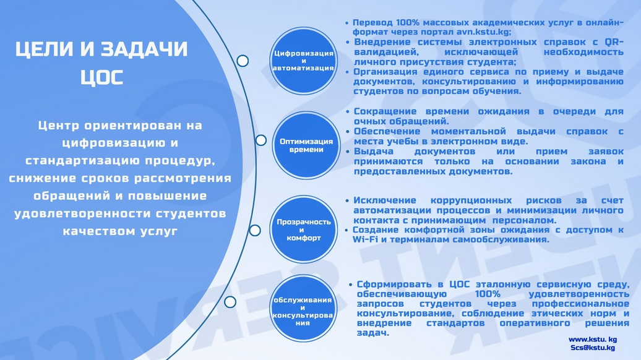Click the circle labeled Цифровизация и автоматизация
[x=303, y=61]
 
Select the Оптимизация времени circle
[x=306, y=145]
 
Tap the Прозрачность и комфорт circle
[x=303, y=229]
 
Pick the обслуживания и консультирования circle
[x=303, y=309]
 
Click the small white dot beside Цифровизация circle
[x=243, y=61]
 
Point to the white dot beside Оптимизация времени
[x=261, y=140]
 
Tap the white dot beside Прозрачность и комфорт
[x=255, y=231]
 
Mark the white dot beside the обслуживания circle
[x=230, y=302]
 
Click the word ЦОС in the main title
[x=102, y=77]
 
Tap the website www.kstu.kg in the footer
[x=592, y=340]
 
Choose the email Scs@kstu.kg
[x=593, y=348]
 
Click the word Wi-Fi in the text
[x=365, y=239]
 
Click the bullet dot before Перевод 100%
[x=347, y=23]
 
